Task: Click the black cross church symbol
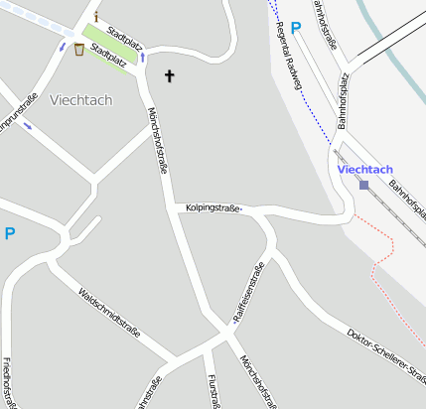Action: click(x=169, y=75)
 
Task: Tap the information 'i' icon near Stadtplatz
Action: click(x=96, y=17)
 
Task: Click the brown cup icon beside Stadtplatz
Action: click(x=78, y=51)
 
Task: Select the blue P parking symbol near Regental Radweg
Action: click(x=295, y=31)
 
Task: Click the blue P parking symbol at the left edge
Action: click(x=10, y=234)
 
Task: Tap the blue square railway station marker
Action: click(x=364, y=185)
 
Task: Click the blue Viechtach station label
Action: click(x=364, y=169)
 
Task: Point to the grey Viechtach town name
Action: click(x=80, y=100)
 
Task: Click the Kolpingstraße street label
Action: click(x=214, y=207)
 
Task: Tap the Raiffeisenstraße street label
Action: click(x=247, y=294)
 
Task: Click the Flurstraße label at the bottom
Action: click(x=213, y=390)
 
